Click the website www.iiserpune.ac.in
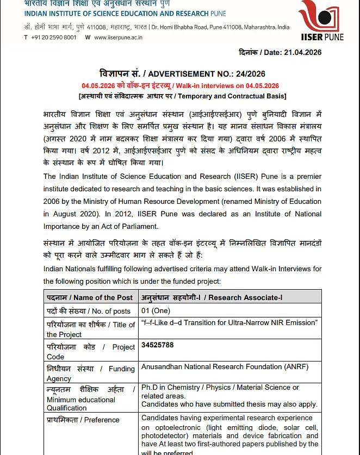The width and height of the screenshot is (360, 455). (x=118, y=37)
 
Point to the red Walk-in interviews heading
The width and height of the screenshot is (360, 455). (x=181, y=86)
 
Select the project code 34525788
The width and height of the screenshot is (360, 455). (x=157, y=345)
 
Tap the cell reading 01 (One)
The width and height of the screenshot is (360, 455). (x=156, y=310)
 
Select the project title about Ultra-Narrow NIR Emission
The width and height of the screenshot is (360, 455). (x=229, y=323)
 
